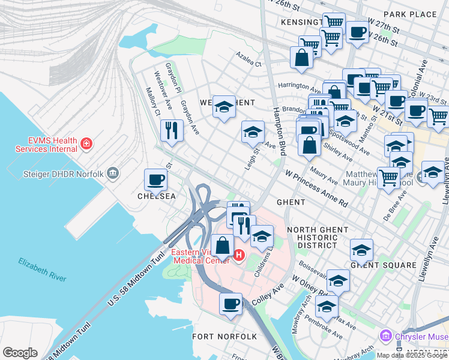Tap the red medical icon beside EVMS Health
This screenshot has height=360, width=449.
[87, 143]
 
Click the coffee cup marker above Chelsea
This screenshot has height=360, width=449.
[156, 179]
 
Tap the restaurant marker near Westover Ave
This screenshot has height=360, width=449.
[172, 130]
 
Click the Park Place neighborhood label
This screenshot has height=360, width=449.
[409, 14]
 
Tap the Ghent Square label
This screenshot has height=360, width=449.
[383, 265]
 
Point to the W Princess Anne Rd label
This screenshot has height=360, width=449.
[316, 188]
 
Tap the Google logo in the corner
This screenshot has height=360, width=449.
[20, 353]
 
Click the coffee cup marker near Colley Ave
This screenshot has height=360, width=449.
[231, 303]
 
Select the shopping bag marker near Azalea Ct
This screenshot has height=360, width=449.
[301, 58]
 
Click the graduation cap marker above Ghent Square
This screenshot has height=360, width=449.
[361, 249]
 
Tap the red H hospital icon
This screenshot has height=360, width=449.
[239, 256]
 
